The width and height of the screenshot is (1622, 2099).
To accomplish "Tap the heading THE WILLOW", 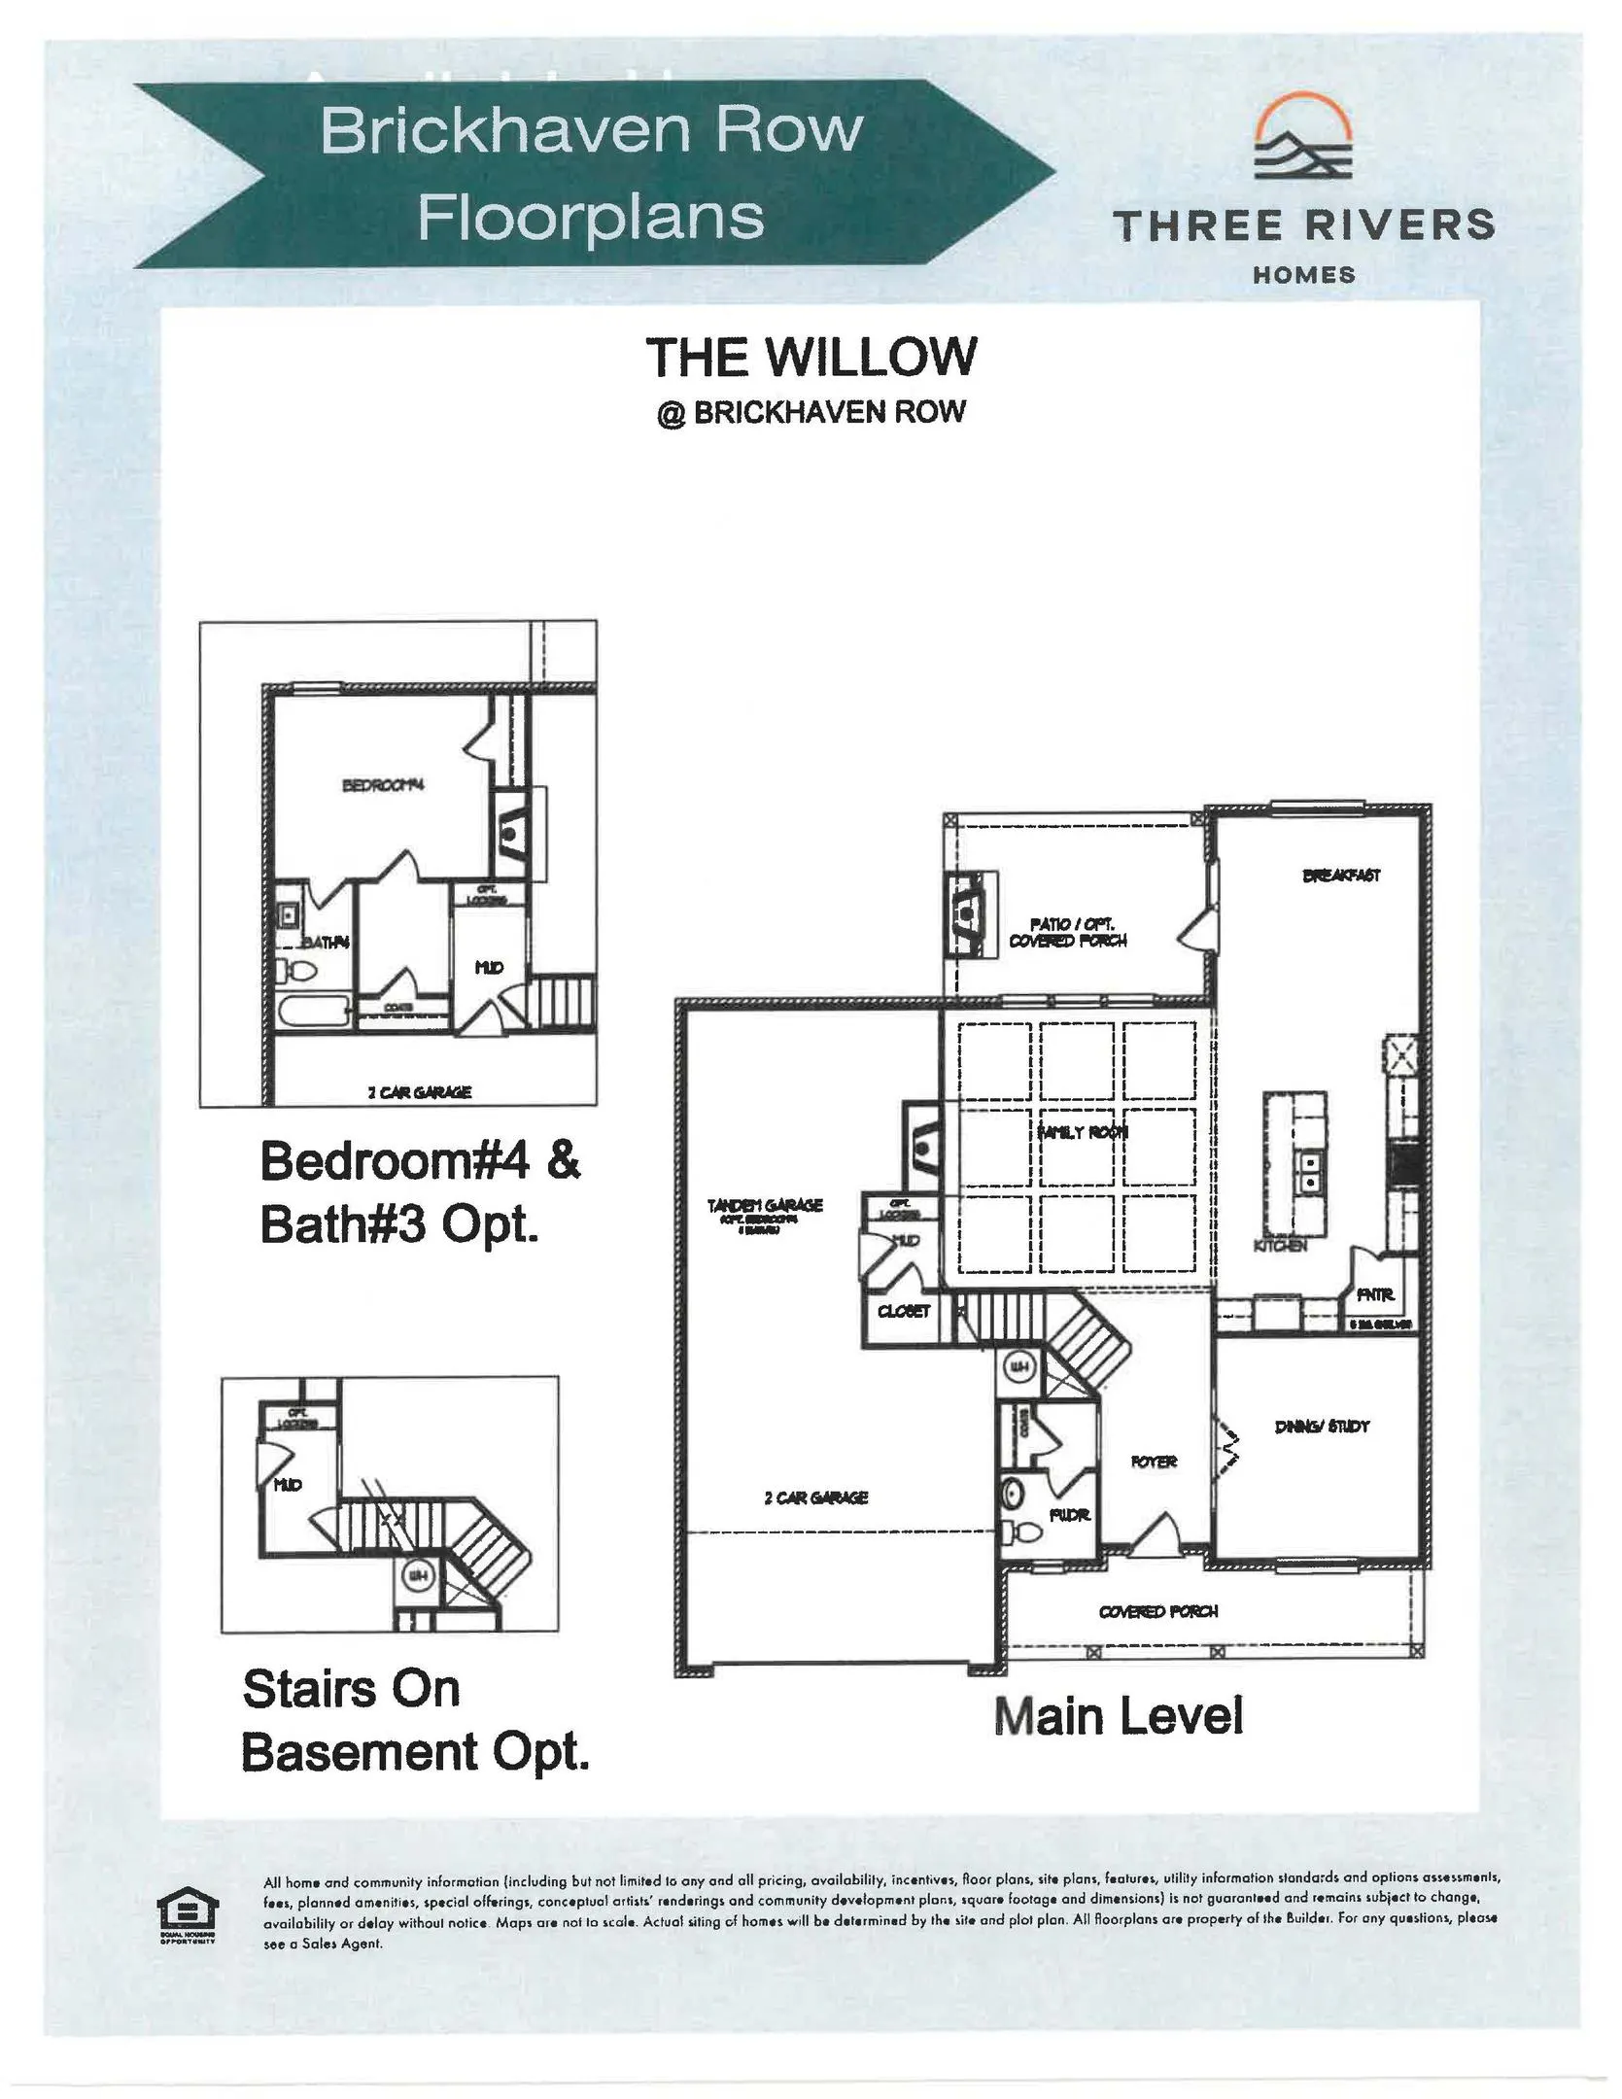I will click(811, 357).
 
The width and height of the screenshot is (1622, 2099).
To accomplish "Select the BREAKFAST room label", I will click(1340, 876).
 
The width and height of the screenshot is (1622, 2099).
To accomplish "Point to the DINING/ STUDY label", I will click(1322, 1427).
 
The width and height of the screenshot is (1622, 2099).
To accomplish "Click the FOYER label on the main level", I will click(1154, 1462).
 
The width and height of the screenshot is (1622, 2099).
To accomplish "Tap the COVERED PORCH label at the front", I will click(1158, 1611).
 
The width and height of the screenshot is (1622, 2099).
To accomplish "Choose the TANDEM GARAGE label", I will click(765, 1205).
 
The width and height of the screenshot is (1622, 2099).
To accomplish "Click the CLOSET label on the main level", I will click(904, 1311).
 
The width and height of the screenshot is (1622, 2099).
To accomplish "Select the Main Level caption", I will click(1119, 1715).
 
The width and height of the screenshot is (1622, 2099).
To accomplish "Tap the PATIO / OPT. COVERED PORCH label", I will click(1067, 932).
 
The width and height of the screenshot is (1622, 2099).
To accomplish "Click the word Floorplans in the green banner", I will click(590, 216).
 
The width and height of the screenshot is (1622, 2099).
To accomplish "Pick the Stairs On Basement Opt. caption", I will click(415, 1720).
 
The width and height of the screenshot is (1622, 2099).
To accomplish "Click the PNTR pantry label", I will click(1375, 1295).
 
